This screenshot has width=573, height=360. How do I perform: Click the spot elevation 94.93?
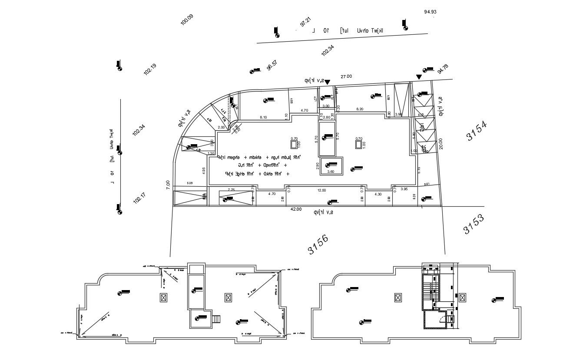tap(430, 12)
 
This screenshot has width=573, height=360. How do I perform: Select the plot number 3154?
tap(477, 131)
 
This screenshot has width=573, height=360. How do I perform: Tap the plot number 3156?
tap(318, 245)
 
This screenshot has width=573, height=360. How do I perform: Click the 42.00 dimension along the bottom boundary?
tap(296, 209)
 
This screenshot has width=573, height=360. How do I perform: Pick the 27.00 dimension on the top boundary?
tap(346, 76)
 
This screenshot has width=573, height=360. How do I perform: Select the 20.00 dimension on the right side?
tap(441, 143)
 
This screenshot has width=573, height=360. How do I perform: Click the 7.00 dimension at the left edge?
tap(168, 185)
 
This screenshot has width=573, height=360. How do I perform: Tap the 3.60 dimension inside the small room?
tap(330, 172)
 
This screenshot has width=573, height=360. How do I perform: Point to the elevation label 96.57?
tap(272, 65)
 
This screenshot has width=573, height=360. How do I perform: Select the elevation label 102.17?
tap(139, 198)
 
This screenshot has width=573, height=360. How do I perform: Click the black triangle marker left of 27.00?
tap(328, 82)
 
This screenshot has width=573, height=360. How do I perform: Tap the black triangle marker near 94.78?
tap(419, 77)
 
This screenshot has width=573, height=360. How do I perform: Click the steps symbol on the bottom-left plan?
tap(216, 319)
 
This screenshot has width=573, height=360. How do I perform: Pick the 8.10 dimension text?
tap(263, 117)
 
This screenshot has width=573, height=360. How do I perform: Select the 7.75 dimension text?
tap(231, 190)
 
